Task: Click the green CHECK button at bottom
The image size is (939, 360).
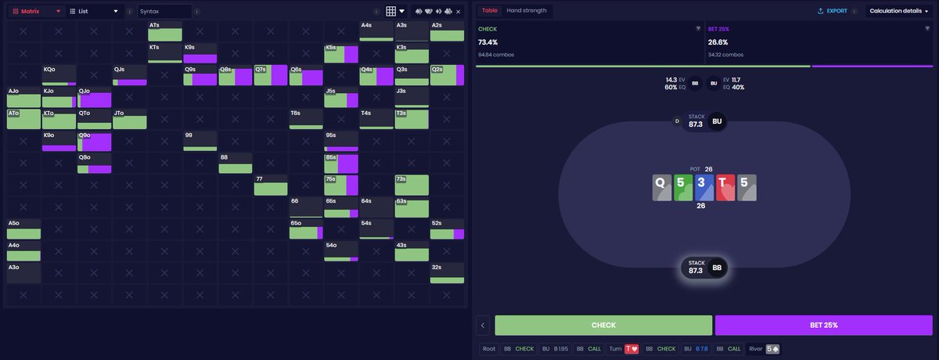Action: pos(603,325)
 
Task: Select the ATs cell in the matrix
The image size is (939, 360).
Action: pos(165,31)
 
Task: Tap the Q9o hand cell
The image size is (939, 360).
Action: pos(95,142)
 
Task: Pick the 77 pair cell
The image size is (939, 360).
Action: pos(271,185)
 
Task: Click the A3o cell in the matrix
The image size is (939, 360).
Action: pos(23,272)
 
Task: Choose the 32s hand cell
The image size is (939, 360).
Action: pos(447,272)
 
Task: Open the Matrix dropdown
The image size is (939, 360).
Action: pos(37,12)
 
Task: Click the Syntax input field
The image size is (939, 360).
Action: pos(164,12)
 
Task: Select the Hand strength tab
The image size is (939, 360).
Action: pos(526,10)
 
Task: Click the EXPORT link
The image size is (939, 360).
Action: pos(832,11)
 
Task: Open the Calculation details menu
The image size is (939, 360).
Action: pos(899,11)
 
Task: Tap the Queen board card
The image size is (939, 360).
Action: pos(662,187)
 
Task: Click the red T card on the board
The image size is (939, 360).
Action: pos(725,187)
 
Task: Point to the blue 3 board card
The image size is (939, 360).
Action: pos(704,187)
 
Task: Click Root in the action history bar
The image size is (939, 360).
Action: pos(489,349)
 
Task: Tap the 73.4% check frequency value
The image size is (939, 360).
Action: pos(487,42)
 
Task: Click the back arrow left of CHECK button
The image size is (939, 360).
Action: pos(484,325)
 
